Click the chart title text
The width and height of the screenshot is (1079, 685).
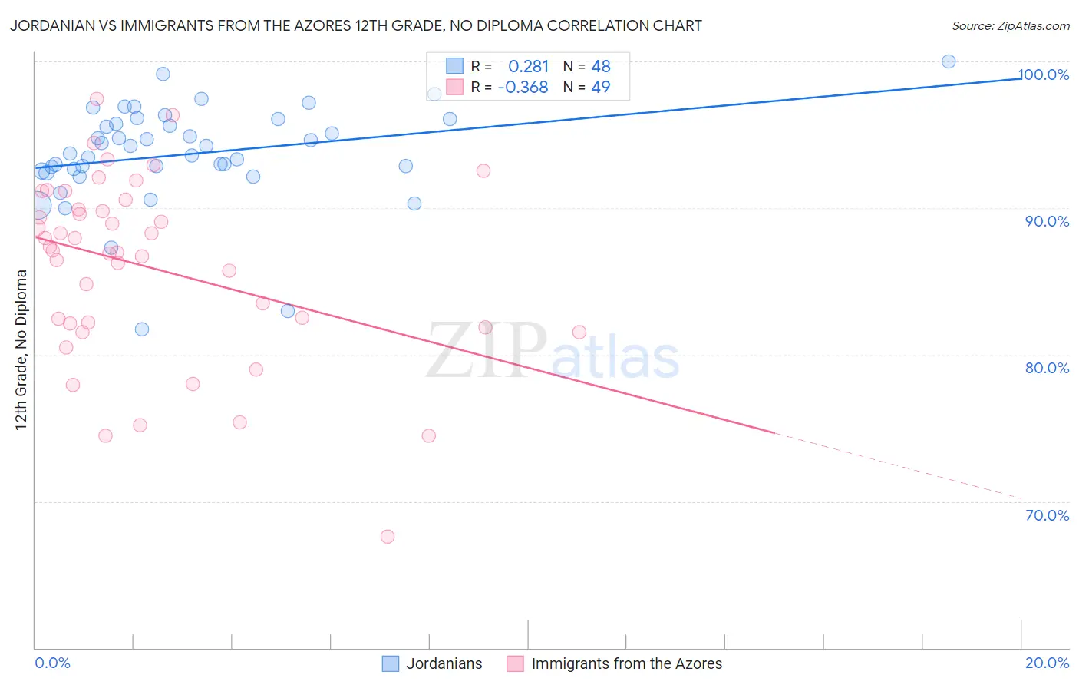(355, 25)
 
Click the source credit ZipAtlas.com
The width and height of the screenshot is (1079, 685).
(1010, 25)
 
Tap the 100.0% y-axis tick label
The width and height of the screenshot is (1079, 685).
(1044, 74)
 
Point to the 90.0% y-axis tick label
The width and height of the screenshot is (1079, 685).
(1047, 221)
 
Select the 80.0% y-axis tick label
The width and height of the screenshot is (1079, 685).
(1047, 368)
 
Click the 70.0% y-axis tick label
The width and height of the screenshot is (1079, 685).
(1047, 515)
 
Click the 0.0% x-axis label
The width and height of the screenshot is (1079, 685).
(52, 663)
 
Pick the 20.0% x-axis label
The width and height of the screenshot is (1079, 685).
(1047, 663)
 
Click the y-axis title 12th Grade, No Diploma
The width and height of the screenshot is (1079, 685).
(21, 349)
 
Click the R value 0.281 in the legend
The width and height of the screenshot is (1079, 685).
(529, 67)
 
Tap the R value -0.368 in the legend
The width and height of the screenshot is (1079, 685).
(523, 88)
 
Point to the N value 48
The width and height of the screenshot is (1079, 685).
(601, 67)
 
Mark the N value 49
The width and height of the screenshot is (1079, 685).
(601, 88)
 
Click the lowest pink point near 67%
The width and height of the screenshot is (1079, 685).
(388, 537)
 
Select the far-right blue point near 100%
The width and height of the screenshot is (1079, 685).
(949, 61)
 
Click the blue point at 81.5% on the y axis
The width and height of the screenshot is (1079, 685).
(142, 329)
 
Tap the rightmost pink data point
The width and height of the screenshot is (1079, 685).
(579, 333)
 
